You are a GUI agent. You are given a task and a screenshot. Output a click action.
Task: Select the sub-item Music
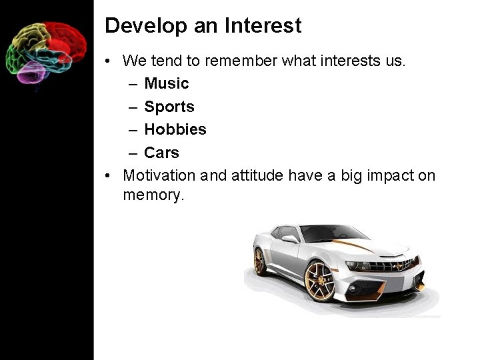(x=166, y=83)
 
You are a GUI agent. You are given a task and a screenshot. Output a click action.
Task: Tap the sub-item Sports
(x=169, y=107)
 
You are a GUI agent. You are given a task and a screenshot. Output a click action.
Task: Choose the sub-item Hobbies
(x=175, y=129)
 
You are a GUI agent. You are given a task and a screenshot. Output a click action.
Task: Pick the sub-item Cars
(x=161, y=153)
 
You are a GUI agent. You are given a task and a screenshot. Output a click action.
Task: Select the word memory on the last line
(x=153, y=196)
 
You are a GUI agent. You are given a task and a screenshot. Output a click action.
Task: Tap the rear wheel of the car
(x=259, y=261)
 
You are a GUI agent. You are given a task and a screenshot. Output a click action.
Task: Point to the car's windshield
(x=333, y=233)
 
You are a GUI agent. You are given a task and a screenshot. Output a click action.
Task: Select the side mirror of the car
(x=290, y=238)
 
